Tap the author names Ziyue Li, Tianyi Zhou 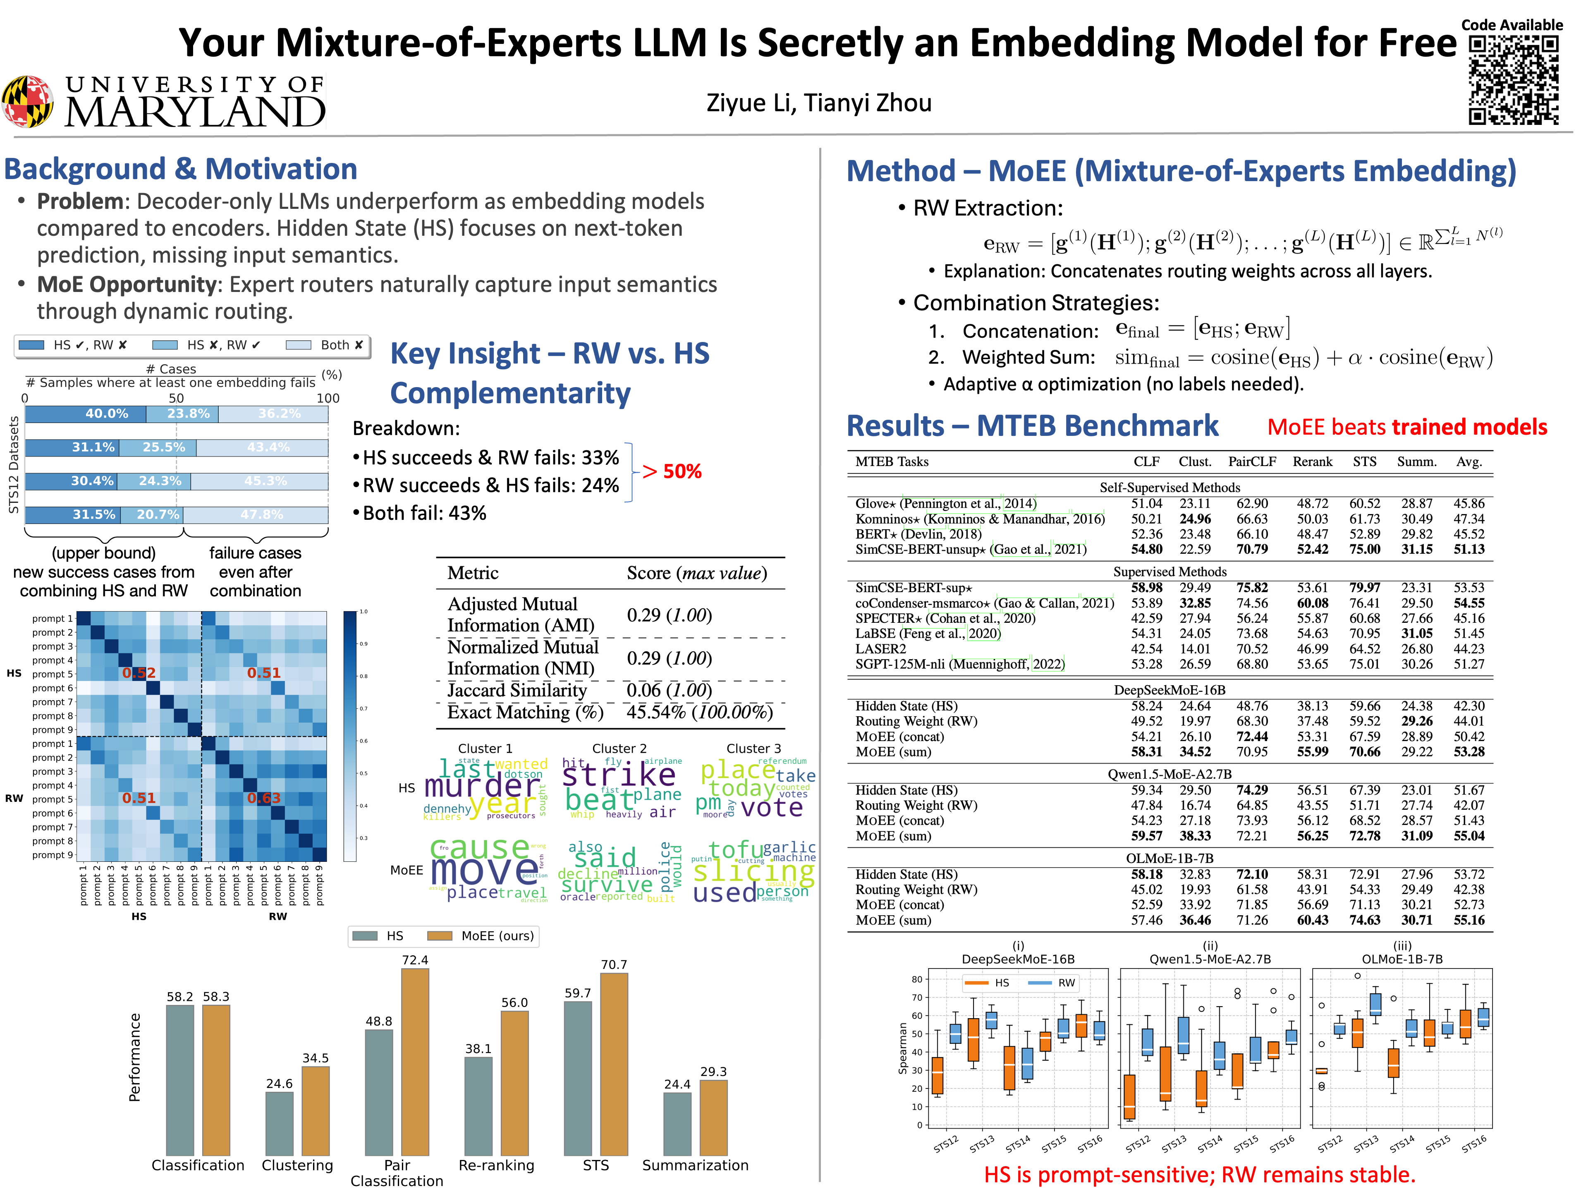coord(818,103)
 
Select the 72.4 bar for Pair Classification coord(415,1062)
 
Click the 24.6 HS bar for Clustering coord(279,1124)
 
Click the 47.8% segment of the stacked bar coord(256,515)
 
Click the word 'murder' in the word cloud coord(481,786)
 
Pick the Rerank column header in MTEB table coord(1312,462)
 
